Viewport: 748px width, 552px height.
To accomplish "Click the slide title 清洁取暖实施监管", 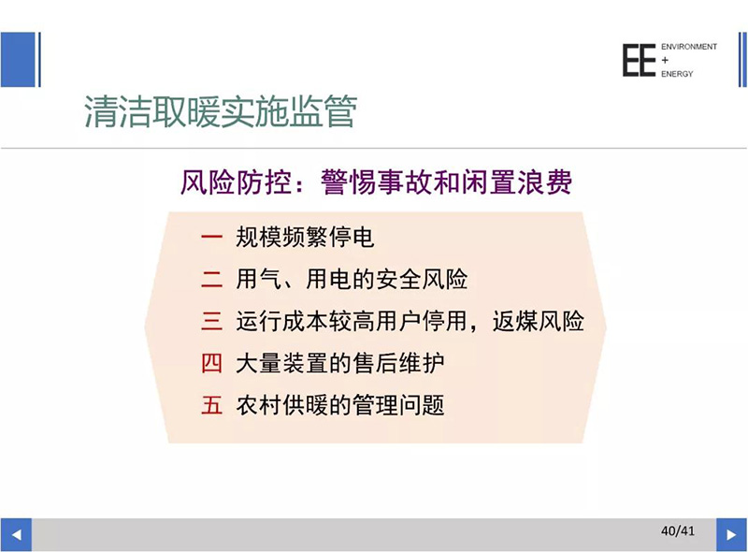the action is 221,112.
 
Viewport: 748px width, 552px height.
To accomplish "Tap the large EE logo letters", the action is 639,60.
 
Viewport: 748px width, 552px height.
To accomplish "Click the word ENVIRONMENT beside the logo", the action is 689,47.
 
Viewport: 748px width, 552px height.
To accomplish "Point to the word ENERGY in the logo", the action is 677,74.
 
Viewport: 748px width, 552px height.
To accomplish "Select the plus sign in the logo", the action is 665,60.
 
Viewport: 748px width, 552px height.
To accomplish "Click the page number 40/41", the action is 677,530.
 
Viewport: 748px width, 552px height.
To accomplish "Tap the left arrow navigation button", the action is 16,534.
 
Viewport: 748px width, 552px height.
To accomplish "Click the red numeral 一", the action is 211,237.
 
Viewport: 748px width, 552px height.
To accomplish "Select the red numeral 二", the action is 211,279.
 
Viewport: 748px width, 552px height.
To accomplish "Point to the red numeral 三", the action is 211,321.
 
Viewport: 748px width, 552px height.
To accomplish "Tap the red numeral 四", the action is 211,363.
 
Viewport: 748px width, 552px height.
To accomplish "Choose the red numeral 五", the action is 211,405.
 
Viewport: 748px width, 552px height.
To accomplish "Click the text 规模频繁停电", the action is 305,237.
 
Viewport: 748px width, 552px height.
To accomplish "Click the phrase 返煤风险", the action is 539,321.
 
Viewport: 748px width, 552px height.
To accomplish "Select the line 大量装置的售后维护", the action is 340,363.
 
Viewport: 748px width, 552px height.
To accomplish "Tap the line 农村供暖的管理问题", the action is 340,405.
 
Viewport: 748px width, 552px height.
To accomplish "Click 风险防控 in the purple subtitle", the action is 236,182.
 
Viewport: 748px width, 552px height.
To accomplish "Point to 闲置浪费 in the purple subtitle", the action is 516,182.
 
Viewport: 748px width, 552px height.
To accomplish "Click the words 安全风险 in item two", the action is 422,279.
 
